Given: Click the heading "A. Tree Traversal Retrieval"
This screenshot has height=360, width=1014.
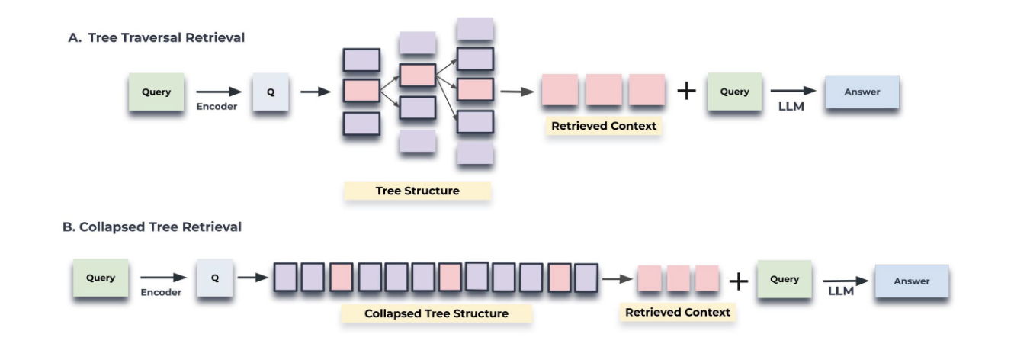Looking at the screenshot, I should point(156,37).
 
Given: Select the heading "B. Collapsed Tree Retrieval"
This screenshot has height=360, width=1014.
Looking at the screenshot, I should point(152,227).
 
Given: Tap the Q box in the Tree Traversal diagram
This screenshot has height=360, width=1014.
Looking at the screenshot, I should point(271,92).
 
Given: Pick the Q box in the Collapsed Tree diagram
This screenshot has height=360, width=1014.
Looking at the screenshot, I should point(215,278).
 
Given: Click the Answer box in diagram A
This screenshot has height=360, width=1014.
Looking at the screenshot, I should point(862,92).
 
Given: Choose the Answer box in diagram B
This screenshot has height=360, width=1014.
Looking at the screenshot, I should point(912,281).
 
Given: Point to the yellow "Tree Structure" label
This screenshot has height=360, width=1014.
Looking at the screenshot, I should point(417,191).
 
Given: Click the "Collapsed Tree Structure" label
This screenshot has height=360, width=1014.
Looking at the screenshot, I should point(436,313).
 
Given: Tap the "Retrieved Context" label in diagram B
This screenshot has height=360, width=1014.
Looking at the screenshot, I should point(677,312).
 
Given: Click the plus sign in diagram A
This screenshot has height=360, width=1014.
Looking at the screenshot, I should point(687,91).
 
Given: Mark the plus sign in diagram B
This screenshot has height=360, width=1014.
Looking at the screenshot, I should point(737,281).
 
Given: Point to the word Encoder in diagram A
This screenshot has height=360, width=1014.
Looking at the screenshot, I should point(217,107).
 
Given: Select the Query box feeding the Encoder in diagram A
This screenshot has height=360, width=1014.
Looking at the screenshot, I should point(156,92).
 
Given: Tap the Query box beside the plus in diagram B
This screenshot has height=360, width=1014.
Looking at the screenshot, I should point(784,279).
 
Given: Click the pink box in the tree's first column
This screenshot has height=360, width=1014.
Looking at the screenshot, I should point(361,91).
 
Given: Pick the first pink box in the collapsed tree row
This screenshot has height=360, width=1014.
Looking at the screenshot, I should point(342,278).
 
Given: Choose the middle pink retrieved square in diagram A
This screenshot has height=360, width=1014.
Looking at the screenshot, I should point(604,91).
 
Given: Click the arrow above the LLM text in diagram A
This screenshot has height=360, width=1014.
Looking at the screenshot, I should point(793,91).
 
